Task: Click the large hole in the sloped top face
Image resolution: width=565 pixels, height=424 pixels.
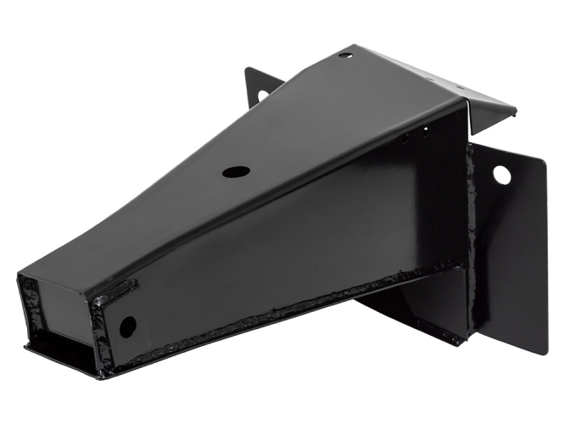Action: tap(236, 171)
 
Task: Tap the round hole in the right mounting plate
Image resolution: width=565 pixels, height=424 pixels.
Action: tap(501, 176)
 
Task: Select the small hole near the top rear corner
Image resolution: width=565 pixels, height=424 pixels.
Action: tap(344, 56)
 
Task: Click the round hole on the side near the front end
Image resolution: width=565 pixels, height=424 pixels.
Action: tap(127, 326)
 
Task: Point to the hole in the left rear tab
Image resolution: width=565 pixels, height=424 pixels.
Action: tap(262, 94)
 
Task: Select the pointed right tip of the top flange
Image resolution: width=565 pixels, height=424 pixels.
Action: tap(514, 111)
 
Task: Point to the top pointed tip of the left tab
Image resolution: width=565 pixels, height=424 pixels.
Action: tap(247, 69)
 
